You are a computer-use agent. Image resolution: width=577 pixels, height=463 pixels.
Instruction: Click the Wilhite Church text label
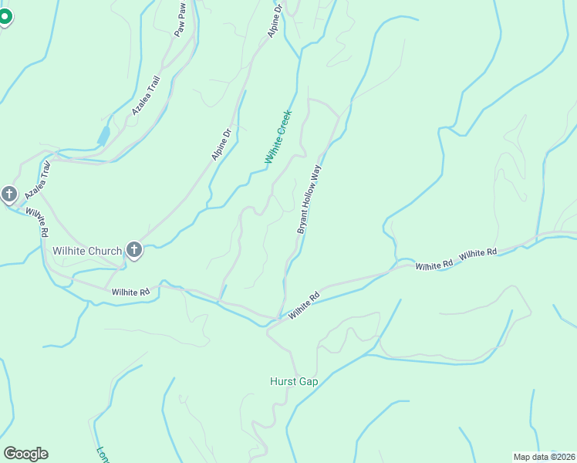(87, 251)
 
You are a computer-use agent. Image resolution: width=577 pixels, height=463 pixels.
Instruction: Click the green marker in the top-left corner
(5, 15)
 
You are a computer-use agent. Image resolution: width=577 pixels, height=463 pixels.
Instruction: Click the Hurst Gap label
(294, 381)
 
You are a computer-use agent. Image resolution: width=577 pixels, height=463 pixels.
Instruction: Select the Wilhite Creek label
(278, 137)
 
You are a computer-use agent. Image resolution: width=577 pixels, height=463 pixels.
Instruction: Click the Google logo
(25, 454)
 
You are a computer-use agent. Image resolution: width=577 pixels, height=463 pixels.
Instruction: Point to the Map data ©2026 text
(545, 456)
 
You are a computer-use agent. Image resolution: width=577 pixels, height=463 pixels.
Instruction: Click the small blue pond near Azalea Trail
(103, 137)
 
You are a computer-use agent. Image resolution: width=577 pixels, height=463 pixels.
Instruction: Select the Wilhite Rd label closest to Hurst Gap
(304, 306)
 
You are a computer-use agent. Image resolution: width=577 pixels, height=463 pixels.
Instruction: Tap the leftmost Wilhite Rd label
(36, 221)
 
